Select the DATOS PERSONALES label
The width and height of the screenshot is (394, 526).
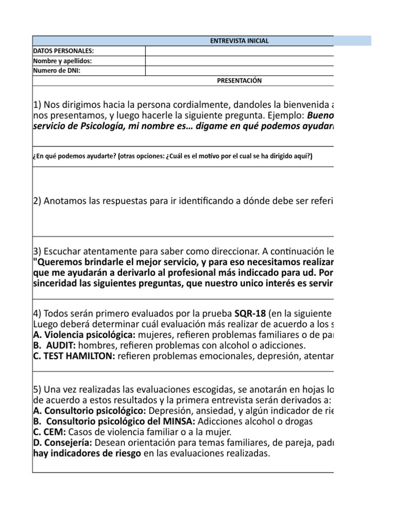[64, 51]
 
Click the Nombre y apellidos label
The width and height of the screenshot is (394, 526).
[63, 61]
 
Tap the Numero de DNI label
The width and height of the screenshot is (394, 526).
[57, 71]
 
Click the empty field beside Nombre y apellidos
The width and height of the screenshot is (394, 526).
[240, 61]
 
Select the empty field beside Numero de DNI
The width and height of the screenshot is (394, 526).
[240, 71]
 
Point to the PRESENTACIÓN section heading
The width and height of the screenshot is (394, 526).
[240, 81]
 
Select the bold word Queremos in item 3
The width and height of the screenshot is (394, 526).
[57, 261]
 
